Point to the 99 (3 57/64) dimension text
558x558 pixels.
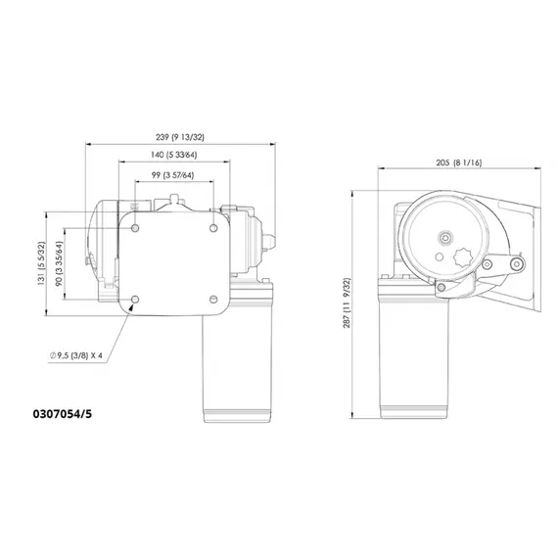[x=172, y=175]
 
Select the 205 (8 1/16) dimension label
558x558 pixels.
[x=459, y=164]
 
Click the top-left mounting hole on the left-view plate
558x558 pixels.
[x=135, y=227]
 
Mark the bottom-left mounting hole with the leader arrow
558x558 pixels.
[x=135, y=298]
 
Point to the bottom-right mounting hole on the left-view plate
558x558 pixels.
[x=212, y=298]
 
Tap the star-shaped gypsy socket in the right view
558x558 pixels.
[x=466, y=264]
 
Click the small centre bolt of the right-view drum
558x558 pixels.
[x=446, y=236]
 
